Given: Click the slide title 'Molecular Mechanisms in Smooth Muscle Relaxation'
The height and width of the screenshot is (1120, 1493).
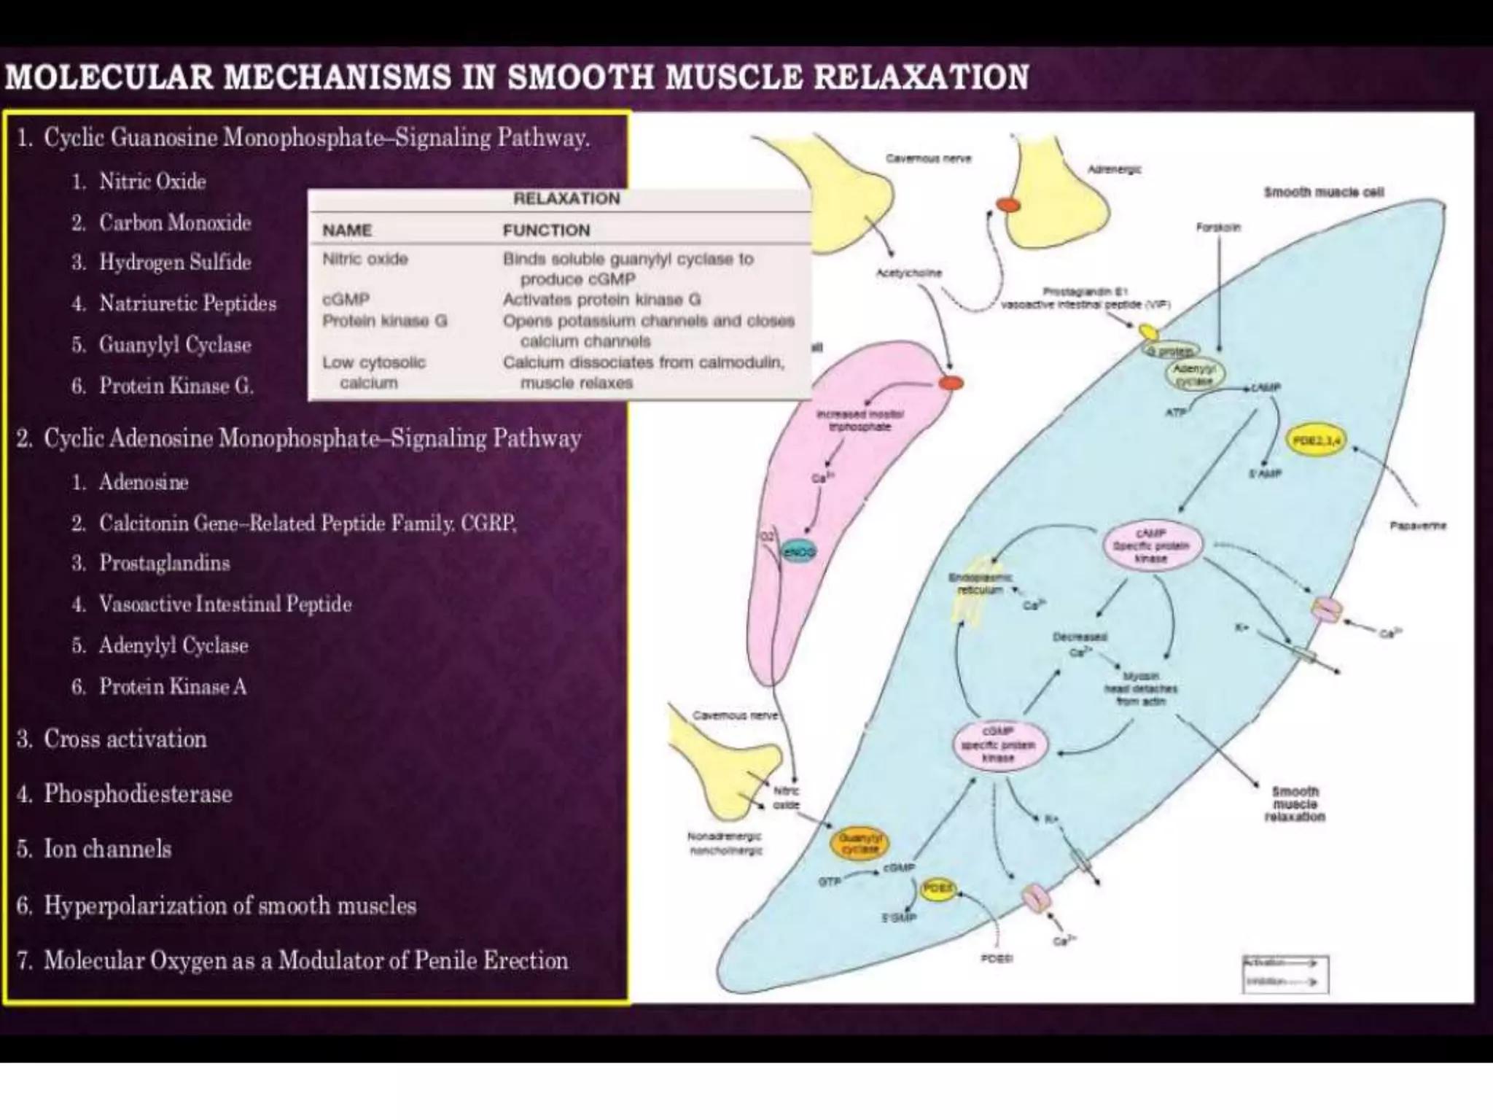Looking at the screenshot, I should pyautogui.click(x=517, y=77).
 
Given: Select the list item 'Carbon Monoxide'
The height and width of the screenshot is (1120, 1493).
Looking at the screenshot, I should pyautogui.click(x=175, y=222).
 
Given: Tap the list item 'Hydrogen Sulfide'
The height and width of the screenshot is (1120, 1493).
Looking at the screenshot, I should pyautogui.click(x=175, y=262).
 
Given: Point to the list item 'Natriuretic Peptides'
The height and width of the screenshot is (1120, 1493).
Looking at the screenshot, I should pyautogui.click(x=187, y=303).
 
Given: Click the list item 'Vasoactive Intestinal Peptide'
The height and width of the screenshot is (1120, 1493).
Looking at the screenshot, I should pyautogui.click(x=225, y=604).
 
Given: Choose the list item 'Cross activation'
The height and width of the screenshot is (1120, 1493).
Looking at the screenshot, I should pyautogui.click(x=125, y=739).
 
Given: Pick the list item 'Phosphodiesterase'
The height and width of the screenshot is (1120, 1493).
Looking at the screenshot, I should pyautogui.click(x=138, y=794).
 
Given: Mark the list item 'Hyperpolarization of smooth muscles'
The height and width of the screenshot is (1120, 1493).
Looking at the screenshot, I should pyautogui.click(x=230, y=906).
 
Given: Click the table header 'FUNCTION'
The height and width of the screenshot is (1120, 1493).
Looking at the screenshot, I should pyautogui.click(x=546, y=230).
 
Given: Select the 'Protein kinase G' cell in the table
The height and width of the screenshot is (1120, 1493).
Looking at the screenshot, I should pyautogui.click(x=385, y=321).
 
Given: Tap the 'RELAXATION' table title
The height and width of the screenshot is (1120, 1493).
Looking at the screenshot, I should pyautogui.click(x=566, y=198).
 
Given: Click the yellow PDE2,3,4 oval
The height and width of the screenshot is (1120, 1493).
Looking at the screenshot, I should pyautogui.click(x=1317, y=440).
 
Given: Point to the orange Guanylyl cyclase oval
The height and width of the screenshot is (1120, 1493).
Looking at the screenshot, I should pyautogui.click(x=860, y=844).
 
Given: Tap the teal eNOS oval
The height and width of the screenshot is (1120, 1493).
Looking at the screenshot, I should pyautogui.click(x=798, y=552).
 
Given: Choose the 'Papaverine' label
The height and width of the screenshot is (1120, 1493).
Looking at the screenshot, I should pyautogui.click(x=1417, y=525).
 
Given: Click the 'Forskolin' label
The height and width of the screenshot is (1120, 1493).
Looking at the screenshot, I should pyautogui.click(x=1218, y=227).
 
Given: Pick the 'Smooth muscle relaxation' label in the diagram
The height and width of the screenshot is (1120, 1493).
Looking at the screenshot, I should pyautogui.click(x=1295, y=804).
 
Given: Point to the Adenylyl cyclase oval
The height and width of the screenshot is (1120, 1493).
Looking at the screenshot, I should pyautogui.click(x=1193, y=375).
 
